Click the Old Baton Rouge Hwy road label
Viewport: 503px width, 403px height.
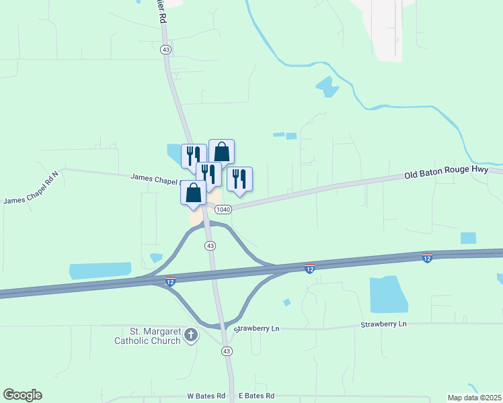[x=446, y=174]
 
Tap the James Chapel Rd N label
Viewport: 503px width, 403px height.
[x=31, y=187]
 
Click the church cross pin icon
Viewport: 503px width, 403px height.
[x=191, y=334]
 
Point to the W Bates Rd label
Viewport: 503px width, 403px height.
[x=202, y=396]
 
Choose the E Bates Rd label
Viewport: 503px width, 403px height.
[x=254, y=396]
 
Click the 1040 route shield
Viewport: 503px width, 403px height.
[x=223, y=210]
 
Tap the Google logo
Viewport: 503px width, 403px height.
[x=22, y=395]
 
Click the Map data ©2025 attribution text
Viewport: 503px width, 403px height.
[x=474, y=398]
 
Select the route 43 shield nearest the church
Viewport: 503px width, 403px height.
[x=227, y=351]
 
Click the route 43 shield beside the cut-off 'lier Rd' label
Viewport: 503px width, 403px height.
[x=166, y=50]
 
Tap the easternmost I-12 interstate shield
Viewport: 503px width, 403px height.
[x=427, y=257]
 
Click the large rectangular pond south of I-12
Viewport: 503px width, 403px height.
[x=388, y=294]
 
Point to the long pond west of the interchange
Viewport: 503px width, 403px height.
[x=100, y=271]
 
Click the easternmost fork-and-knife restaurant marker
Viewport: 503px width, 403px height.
[x=239, y=179]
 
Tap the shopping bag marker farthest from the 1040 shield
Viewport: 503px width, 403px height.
[x=222, y=152]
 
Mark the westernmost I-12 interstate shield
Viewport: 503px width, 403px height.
[x=171, y=279]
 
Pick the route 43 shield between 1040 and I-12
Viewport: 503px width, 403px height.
[x=210, y=246]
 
